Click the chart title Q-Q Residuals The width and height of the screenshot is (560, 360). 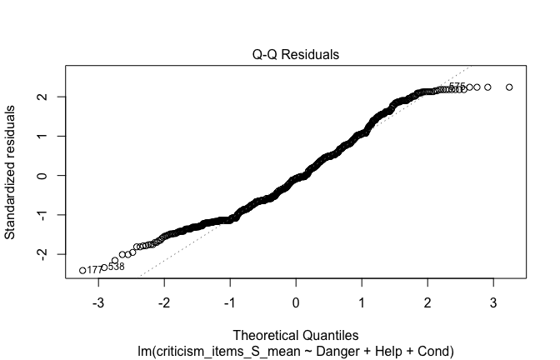tap(296, 55)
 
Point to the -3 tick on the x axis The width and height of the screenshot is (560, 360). tap(97, 301)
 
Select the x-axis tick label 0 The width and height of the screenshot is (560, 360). tap(296, 301)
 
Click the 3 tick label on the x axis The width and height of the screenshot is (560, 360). tap(493, 301)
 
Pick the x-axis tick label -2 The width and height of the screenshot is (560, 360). tap(163, 301)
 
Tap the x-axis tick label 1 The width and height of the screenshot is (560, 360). tap(362, 301)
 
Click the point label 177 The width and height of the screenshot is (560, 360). tap(94, 270)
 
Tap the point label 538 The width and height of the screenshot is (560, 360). tap(116, 267)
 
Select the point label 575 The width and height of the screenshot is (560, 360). tap(457, 87)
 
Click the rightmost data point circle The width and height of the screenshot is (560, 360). tap(509, 87)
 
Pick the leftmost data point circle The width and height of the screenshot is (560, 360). tap(82, 270)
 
